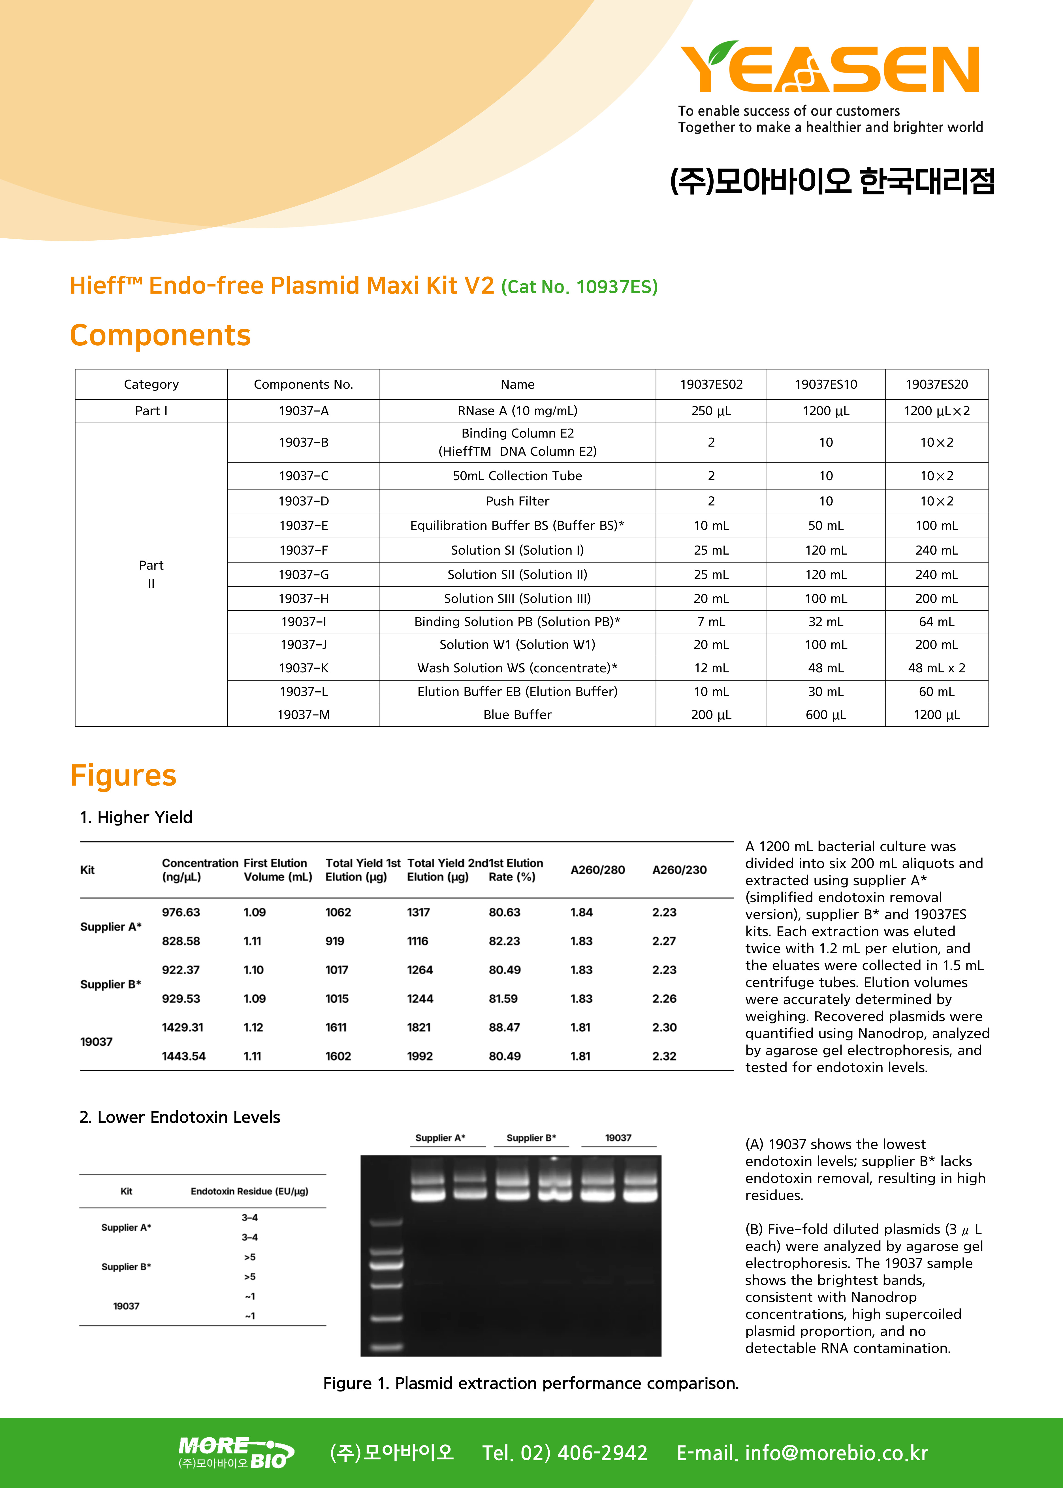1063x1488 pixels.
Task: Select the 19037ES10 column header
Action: (x=825, y=384)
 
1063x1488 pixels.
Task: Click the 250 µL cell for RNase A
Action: (x=711, y=411)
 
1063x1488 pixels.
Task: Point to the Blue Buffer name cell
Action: (x=517, y=715)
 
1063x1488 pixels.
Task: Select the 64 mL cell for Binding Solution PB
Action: (x=936, y=622)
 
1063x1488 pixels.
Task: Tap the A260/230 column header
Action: (x=679, y=870)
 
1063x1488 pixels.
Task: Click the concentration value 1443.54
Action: (x=184, y=1056)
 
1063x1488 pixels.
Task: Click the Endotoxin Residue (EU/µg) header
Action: (x=249, y=1191)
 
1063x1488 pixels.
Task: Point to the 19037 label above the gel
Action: (x=618, y=1138)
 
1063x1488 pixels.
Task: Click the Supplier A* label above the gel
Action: (x=440, y=1138)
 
